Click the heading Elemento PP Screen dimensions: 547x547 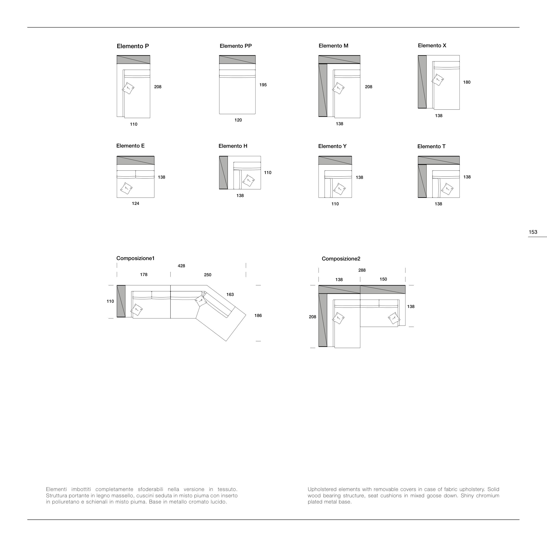[x=236, y=46]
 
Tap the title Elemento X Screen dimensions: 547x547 [x=432, y=46]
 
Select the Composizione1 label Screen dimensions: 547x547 [x=135, y=258]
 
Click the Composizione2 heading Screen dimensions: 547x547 [x=341, y=259]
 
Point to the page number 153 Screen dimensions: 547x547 [x=533, y=232]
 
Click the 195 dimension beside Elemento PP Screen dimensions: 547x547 [x=263, y=85]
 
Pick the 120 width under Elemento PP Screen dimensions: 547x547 [x=238, y=120]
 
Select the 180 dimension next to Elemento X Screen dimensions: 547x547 [x=467, y=82]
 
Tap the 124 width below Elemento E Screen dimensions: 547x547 [x=135, y=204]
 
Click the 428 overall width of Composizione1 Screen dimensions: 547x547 [x=181, y=266]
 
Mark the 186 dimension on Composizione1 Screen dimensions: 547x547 [x=258, y=315]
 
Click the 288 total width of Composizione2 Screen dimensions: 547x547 [x=362, y=270]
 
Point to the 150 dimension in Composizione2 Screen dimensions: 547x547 [x=383, y=279]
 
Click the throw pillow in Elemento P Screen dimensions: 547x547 [x=128, y=88]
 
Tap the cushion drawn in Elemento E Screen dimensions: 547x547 [x=126, y=188]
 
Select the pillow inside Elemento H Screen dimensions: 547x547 [x=249, y=180]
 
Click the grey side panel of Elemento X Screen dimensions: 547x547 [x=422, y=82]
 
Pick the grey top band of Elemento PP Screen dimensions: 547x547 [x=237, y=60]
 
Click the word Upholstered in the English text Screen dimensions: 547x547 [x=322, y=489]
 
